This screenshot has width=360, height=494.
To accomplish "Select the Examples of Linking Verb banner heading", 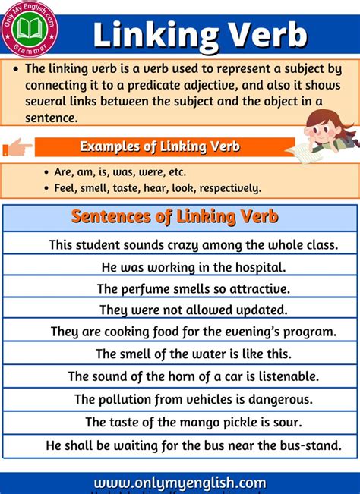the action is point(159,146).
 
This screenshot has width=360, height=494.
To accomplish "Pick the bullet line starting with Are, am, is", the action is point(120,171).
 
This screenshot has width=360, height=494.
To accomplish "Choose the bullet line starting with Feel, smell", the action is point(157,187).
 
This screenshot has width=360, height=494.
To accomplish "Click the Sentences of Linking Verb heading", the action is point(175,217).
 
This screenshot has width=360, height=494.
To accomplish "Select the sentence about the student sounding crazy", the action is point(193,245).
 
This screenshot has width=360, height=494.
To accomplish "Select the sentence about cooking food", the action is point(193,332).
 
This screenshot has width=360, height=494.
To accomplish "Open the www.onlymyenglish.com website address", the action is point(180,483).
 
